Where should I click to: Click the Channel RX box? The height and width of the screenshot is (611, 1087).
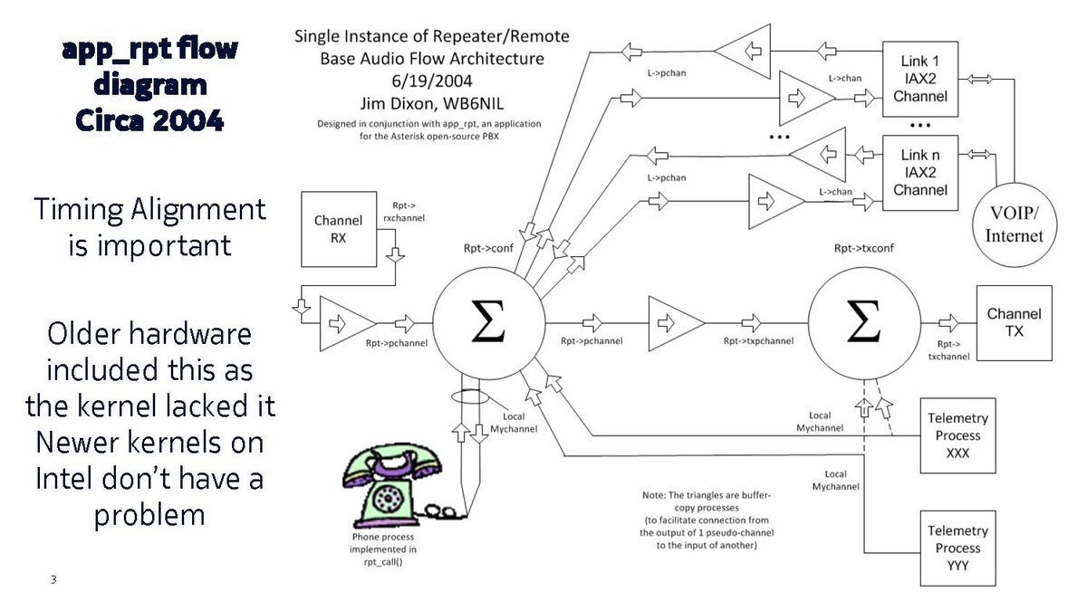point(338,229)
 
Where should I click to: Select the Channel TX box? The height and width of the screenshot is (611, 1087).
point(1014,323)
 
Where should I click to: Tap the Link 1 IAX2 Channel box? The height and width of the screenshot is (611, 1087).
point(919,78)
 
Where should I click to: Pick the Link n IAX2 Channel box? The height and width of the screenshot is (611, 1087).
point(919,173)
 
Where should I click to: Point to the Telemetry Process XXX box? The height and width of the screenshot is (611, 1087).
point(957,435)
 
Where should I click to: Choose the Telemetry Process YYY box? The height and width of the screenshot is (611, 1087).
point(957,548)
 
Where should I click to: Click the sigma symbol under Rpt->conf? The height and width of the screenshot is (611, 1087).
point(488,323)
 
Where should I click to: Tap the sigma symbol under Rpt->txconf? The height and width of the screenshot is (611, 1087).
point(863,323)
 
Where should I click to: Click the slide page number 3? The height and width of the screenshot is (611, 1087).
point(53,579)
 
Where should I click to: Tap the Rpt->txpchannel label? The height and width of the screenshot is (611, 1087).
point(758,341)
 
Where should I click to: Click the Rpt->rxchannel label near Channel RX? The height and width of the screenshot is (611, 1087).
point(409,212)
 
